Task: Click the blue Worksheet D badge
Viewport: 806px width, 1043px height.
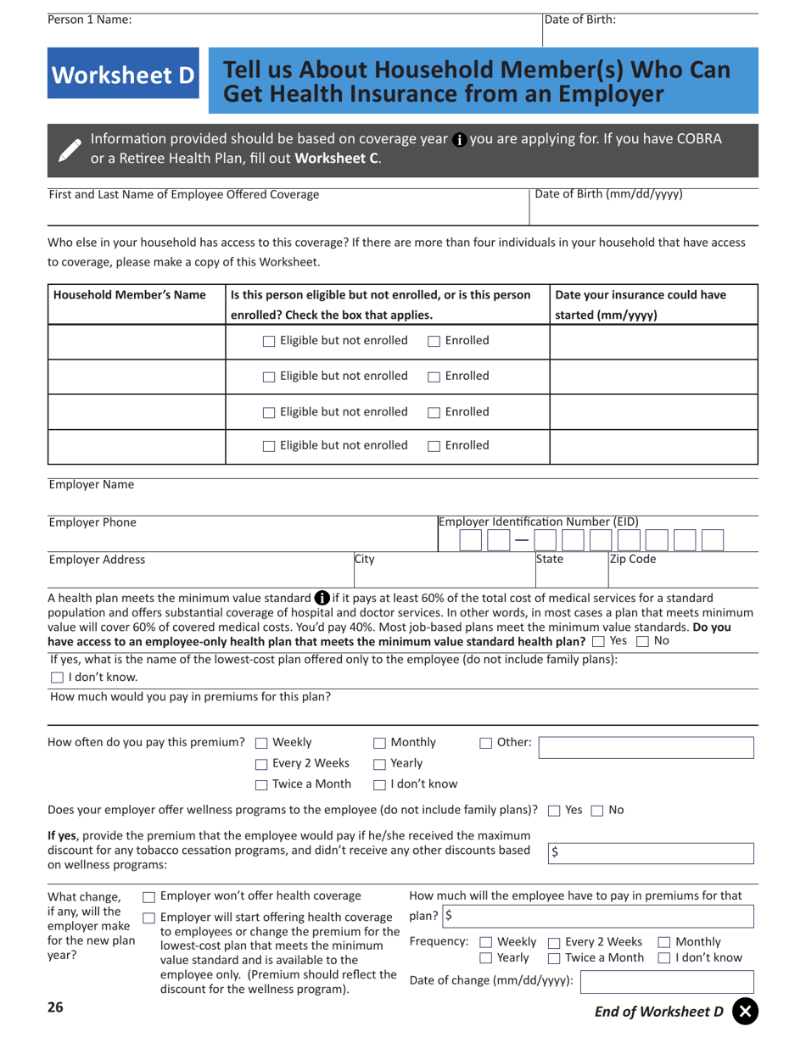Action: [124, 75]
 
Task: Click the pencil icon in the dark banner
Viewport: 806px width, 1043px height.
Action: [69, 148]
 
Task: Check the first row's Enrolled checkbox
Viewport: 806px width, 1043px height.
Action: [434, 341]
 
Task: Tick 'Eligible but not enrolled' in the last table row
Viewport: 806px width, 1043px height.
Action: [269, 446]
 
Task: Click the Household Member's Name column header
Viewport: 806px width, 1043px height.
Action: [130, 295]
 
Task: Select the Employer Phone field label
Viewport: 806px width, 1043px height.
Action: [92, 522]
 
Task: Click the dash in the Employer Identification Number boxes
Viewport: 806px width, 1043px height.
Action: [521, 541]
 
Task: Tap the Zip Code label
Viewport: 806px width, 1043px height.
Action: [632, 560]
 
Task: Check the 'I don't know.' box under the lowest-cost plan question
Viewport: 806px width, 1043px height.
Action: [57, 678]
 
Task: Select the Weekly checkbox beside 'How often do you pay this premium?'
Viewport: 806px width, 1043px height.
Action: [261, 744]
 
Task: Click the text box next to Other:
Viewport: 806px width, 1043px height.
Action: [646, 747]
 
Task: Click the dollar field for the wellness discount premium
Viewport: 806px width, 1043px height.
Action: [650, 854]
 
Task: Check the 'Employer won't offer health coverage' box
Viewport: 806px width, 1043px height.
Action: [148, 897]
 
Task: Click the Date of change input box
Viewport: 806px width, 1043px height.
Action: [666, 982]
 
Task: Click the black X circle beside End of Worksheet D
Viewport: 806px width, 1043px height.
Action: [744, 1011]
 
